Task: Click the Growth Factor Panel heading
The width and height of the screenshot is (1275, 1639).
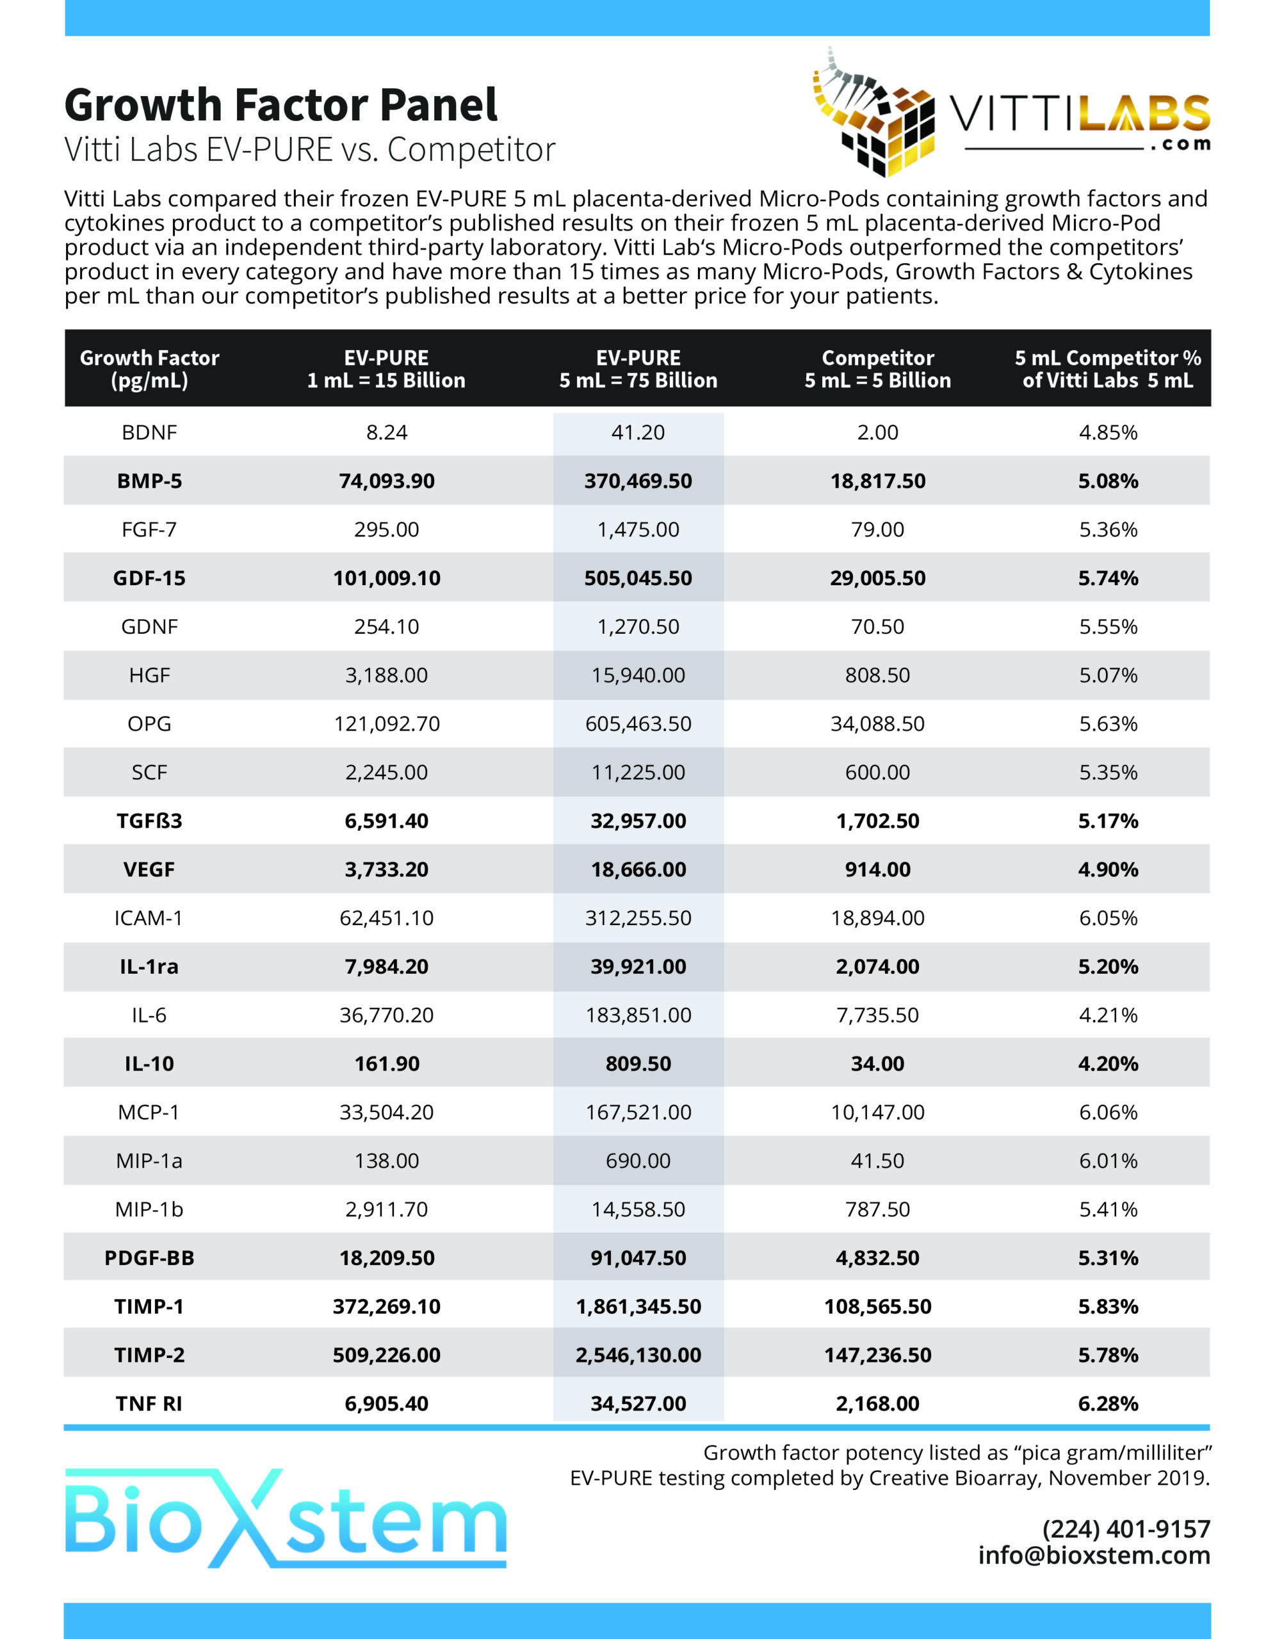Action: coord(280,104)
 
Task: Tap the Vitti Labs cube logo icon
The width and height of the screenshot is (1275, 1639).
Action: coord(875,113)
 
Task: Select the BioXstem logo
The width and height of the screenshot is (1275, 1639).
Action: coord(285,1517)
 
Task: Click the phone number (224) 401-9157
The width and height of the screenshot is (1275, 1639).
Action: coord(1126,1529)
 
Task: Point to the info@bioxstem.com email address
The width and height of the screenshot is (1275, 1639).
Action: coord(1094,1556)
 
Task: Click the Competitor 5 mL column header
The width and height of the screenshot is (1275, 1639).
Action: coord(877,369)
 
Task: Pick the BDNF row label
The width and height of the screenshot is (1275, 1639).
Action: coord(149,432)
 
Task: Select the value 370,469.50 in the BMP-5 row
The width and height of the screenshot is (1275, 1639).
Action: coord(638,481)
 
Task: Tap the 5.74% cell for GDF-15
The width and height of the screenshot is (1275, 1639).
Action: coord(1108,578)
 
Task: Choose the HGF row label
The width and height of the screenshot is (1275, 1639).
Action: coord(149,675)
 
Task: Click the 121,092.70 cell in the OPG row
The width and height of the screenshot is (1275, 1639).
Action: coord(387,724)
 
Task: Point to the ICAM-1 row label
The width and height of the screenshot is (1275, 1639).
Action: coord(149,918)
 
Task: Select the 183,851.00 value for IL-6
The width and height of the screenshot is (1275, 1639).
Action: coord(638,1015)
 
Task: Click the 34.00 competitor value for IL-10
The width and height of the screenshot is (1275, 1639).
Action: coord(877,1063)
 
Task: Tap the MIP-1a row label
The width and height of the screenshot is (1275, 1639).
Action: coord(149,1161)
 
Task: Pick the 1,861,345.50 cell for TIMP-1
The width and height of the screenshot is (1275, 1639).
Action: coord(638,1307)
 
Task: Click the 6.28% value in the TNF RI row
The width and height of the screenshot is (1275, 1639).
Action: coord(1108,1403)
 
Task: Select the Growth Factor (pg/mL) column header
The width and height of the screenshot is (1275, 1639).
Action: coord(149,369)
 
